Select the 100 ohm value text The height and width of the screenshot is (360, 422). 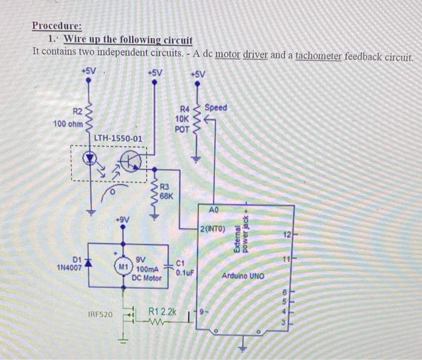[x=68, y=124]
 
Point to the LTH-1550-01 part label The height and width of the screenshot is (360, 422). [x=118, y=138]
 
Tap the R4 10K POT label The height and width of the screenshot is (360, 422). [x=182, y=119]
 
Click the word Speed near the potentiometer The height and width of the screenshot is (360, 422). [x=216, y=107]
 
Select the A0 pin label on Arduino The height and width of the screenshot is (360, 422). [x=215, y=210]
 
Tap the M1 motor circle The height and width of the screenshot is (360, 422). [x=123, y=265]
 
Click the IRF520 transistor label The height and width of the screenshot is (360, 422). [x=100, y=314]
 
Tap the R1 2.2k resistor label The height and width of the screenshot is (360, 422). [x=163, y=312]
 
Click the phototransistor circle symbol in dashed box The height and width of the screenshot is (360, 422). [x=130, y=160]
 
